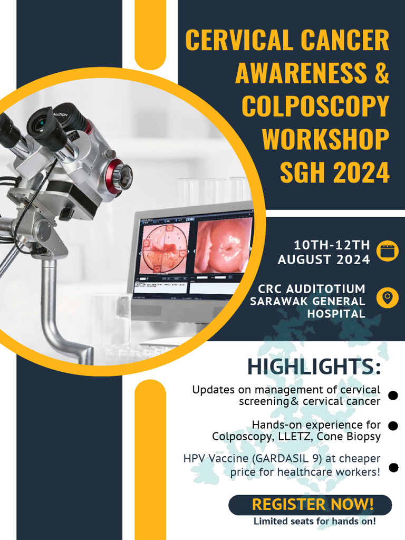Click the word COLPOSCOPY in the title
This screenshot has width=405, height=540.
click(x=315, y=107)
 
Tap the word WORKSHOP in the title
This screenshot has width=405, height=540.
click(x=325, y=140)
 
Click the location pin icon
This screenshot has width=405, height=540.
click(x=388, y=297)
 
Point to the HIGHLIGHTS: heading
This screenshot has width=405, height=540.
click(x=314, y=367)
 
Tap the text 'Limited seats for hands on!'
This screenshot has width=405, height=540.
click(x=315, y=522)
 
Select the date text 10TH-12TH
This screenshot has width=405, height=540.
click(x=332, y=245)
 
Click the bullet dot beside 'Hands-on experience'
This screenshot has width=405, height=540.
click(x=392, y=426)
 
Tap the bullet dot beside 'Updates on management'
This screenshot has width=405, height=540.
click(x=392, y=396)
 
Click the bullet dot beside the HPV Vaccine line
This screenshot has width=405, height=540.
click(x=393, y=467)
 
